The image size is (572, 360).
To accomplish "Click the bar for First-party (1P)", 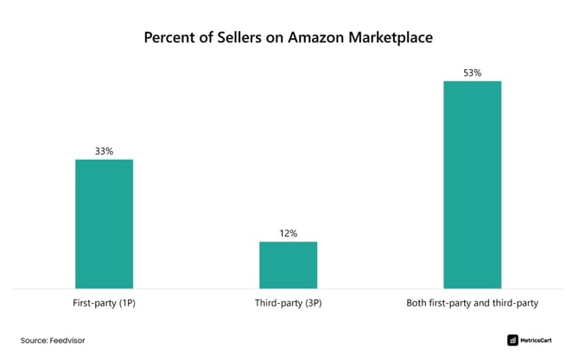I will (x=104, y=223).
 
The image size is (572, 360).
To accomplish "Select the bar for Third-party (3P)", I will (x=288, y=264).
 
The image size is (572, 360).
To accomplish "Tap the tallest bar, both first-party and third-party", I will (x=472, y=184).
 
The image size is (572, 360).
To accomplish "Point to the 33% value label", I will (x=104, y=151).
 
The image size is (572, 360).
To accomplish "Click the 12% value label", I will (x=288, y=233).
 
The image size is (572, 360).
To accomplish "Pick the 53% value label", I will (x=472, y=73).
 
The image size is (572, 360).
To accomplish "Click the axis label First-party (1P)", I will (x=104, y=304).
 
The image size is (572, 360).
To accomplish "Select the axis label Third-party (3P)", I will (x=288, y=304).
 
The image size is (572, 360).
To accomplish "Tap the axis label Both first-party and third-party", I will (x=472, y=304).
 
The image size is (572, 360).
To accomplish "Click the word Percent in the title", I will (x=170, y=39).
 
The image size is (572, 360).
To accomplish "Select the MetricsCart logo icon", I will (x=512, y=340).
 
